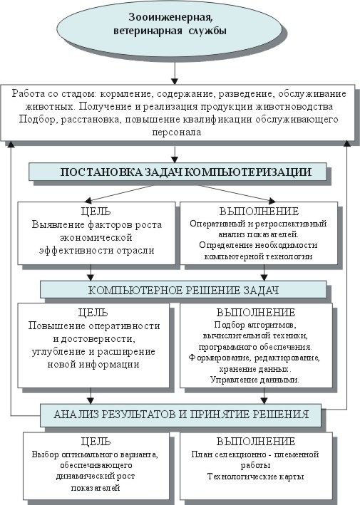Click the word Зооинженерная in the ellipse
pos(170,17)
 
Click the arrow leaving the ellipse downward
pos(175,73)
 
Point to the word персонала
pos(177,132)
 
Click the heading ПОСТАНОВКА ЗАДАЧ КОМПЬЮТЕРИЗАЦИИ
pos(186,172)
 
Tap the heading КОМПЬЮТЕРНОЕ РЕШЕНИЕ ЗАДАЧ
pos(183,290)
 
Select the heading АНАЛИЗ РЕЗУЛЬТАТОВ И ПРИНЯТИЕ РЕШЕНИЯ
pos(181,414)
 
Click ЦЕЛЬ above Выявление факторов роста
pos(96,212)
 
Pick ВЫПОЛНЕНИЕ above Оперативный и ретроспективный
pos(259,212)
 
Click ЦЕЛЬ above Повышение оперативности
pos(93,313)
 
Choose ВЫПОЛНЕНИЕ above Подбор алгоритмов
pos(256,313)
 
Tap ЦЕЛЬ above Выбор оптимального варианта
pos(96,441)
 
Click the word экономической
pos(96,237)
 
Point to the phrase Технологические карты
pos(256,477)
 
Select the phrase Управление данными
pos(254,380)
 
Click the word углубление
pos(59,351)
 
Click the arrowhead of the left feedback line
pos(11,145)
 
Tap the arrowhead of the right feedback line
pos(347,144)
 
